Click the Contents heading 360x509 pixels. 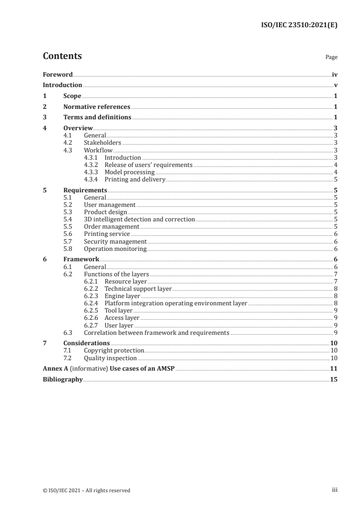pos(62,56)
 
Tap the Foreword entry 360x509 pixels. pos(58,74)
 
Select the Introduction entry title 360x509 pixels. pos(62,85)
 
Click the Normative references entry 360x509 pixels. pos(97,107)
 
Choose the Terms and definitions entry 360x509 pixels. pos(97,117)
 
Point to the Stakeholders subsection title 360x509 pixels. pos(103,142)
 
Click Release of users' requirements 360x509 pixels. pos(148,165)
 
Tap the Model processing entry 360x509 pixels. pos(129,172)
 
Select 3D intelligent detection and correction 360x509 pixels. pos(139,219)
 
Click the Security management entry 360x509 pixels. pos(115,241)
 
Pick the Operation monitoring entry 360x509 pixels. pos(115,249)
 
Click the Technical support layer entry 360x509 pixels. pos(138,289)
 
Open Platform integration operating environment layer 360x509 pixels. pos(176,303)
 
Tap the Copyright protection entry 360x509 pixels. pos(114,351)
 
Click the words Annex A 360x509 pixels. pos(54,368)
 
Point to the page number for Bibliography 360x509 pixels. pos(334,379)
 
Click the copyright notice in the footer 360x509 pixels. pos(86,490)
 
